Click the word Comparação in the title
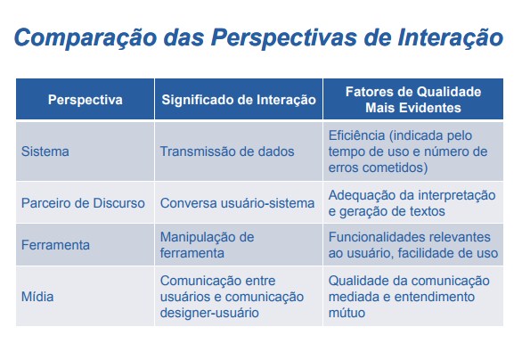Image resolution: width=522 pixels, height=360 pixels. coord(86,37)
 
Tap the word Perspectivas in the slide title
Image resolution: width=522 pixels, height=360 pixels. coord(284,37)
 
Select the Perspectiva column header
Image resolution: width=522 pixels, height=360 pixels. coord(86,100)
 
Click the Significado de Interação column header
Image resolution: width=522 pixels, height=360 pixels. coord(239,100)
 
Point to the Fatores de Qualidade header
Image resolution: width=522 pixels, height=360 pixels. coord(413,92)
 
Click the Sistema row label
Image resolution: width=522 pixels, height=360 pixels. coord(45,151)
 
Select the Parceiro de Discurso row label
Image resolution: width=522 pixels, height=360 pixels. coord(83,203)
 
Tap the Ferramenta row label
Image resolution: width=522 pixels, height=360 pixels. coord(55,245)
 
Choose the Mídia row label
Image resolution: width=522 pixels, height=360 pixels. coord(37,297)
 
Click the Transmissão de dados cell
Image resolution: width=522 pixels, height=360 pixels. coord(227,151)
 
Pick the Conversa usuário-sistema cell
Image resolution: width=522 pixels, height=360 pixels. coord(237,203)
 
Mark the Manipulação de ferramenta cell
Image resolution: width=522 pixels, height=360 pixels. coord(207,245)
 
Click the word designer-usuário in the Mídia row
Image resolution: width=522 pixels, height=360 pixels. coord(209,313)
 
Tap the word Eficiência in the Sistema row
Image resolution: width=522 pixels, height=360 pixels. coord(356,135)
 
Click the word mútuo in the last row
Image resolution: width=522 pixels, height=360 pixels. coord(347,313)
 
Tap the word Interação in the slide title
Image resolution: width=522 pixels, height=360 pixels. coord(451,37)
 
